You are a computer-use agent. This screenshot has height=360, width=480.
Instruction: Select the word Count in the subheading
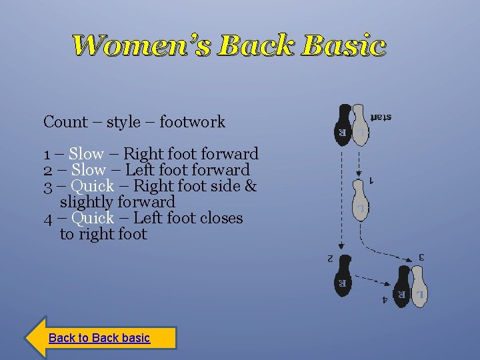pyautogui.click(x=65, y=122)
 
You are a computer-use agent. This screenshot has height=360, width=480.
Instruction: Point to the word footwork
pyautogui.click(x=193, y=122)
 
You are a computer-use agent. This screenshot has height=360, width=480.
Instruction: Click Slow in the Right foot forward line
pyautogui.click(x=86, y=154)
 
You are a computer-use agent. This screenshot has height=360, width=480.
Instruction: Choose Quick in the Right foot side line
pyautogui.click(x=92, y=186)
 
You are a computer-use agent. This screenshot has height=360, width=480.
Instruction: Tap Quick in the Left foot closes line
pyautogui.click(x=92, y=218)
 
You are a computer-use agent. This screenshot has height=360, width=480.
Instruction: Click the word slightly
pyautogui.click(x=86, y=202)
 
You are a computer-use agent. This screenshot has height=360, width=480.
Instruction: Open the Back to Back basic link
pyautogui.click(x=99, y=338)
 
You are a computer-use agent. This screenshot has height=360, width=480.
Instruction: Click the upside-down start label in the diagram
pyautogui.click(x=381, y=117)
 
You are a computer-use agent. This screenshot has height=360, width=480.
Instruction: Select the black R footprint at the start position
pyautogui.click(x=343, y=123)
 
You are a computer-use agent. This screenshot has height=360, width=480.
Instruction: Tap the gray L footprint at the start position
pyautogui.click(x=359, y=123)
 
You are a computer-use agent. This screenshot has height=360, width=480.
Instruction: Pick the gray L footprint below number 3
pyautogui.click(x=419, y=287)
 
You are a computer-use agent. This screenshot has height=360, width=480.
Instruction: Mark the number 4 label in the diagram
pyautogui.click(x=384, y=300)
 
